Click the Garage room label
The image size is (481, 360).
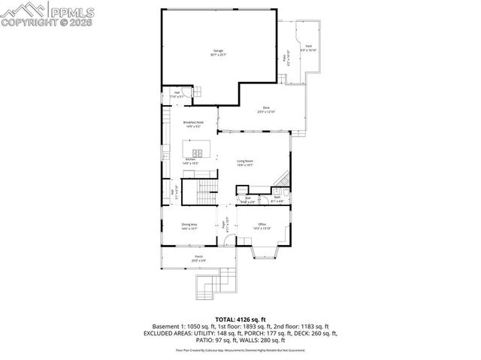(219, 53)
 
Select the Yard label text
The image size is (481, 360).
(308, 49)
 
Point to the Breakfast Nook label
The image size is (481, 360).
(193, 124)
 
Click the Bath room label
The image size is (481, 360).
(277, 199)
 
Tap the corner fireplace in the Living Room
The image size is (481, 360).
(282, 178)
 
